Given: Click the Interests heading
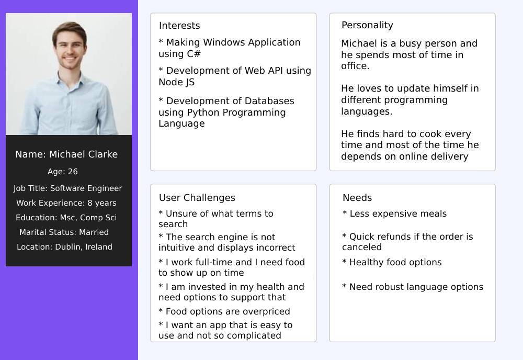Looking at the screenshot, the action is [x=179, y=26].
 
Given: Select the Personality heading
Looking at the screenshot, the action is [x=367, y=25].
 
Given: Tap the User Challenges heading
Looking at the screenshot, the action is [x=197, y=197].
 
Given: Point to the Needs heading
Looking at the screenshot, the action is [x=357, y=197].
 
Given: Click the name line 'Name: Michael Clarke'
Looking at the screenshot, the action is [x=66, y=154].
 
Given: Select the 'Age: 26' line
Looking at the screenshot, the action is [x=63, y=172].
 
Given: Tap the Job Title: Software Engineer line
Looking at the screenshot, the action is [x=67, y=188].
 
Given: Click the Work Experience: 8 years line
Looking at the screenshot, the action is [x=66, y=203].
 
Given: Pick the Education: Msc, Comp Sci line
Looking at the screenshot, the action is [x=66, y=218].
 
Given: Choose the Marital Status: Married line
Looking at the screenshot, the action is [x=64, y=232].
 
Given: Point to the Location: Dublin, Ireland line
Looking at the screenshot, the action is [x=64, y=247].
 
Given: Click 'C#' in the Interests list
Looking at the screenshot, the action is [x=194, y=54].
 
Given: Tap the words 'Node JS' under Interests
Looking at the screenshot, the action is [x=176, y=82].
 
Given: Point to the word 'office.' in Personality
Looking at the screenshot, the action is [x=355, y=66].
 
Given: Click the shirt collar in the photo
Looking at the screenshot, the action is [x=70, y=78].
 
